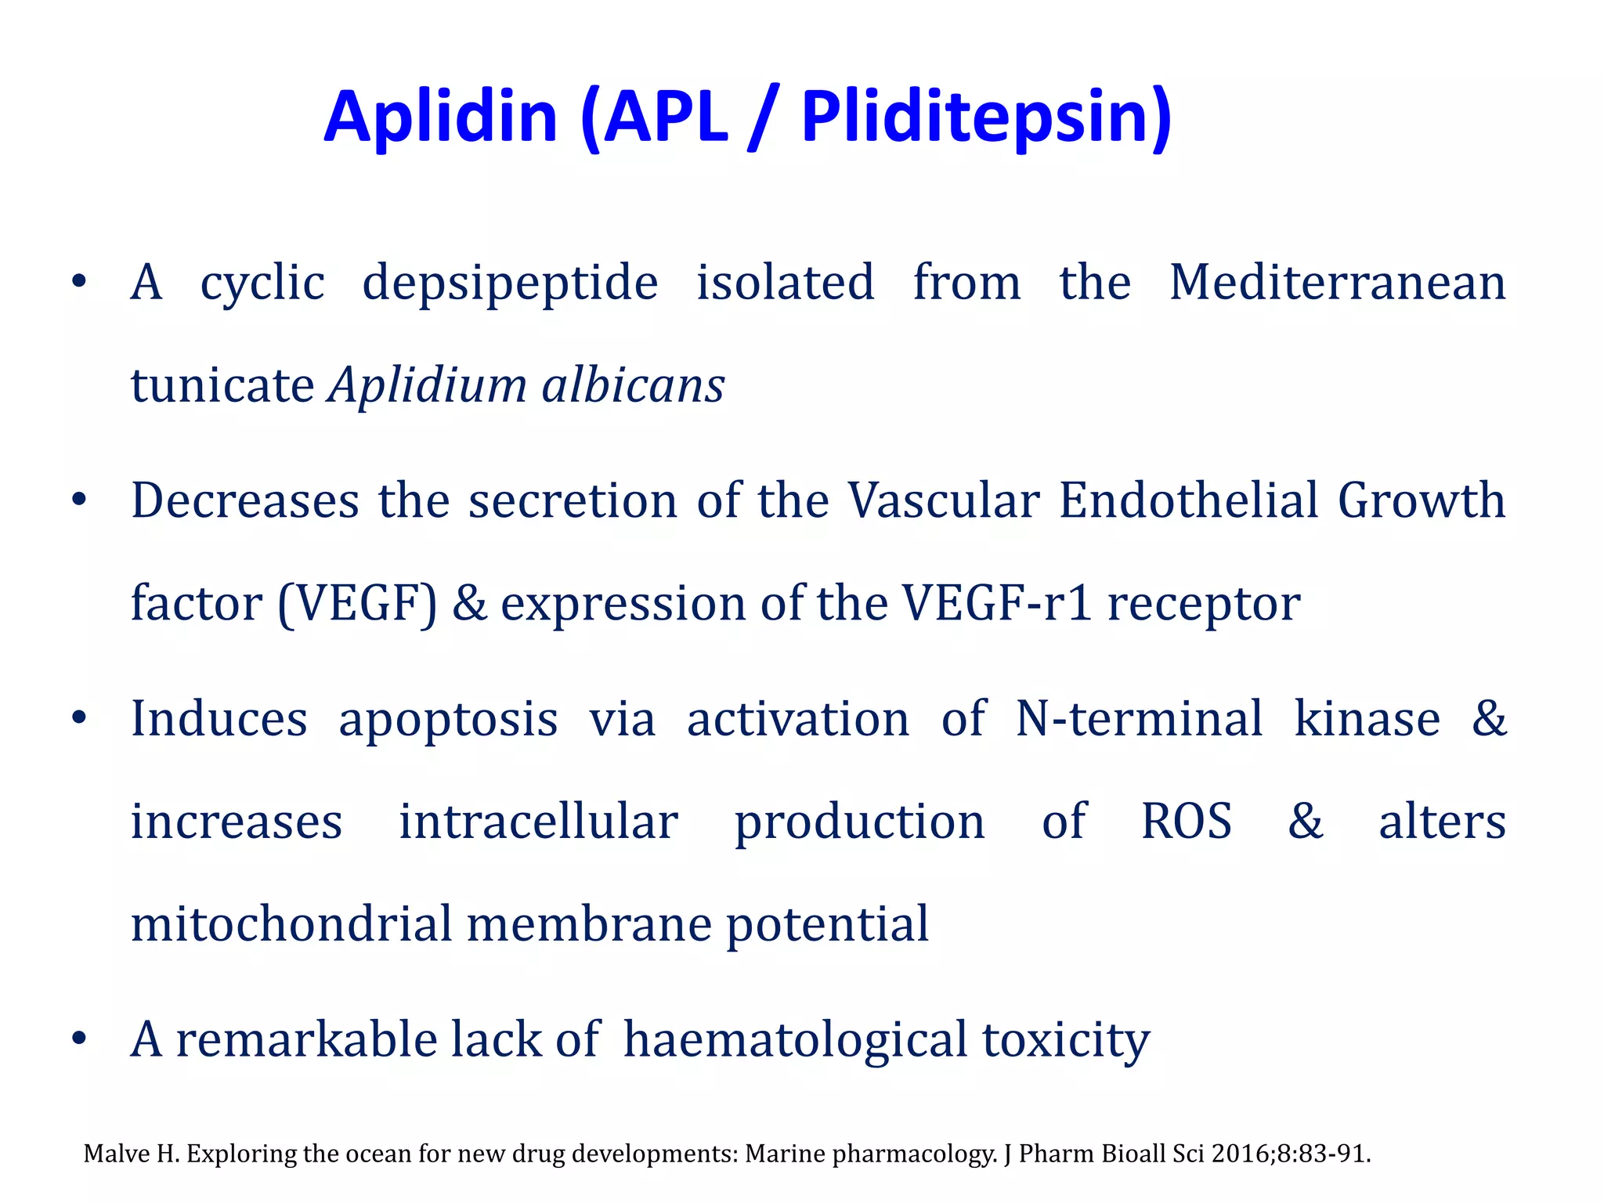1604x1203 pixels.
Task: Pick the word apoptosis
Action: point(448,719)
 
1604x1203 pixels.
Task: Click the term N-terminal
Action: point(1139,718)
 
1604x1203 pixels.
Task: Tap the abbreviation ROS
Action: point(1186,822)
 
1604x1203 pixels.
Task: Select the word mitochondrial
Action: point(291,923)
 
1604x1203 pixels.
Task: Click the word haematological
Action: point(795,1040)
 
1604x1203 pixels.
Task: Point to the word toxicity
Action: point(1065,1040)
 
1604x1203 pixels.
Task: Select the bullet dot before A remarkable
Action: point(78,1039)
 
